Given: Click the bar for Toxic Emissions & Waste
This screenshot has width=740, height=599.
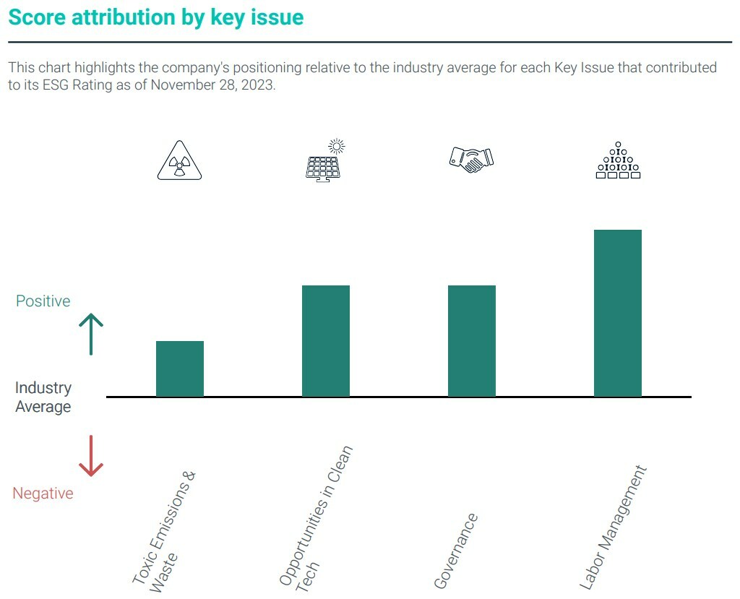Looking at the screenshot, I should [180, 369].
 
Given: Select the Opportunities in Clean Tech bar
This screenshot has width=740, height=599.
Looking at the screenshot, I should [326, 341].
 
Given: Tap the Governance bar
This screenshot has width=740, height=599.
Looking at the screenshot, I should [472, 341].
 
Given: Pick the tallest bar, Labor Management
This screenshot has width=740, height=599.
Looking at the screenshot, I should [618, 313].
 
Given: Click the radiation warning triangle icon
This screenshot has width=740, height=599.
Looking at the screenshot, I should [179, 162].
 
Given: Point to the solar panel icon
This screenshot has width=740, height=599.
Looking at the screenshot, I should [324, 160].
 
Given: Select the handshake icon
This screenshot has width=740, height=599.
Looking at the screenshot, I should [471, 159].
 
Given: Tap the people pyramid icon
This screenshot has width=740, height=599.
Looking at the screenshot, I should [618, 160].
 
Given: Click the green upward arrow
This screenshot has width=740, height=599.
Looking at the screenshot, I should [91, 334].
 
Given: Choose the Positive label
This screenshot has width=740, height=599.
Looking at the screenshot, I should [43, 301].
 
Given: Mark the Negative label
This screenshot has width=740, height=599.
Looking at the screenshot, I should [43, 494].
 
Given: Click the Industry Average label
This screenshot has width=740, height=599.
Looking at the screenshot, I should [43, 397].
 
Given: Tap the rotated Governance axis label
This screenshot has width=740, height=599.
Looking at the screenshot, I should [456, 551].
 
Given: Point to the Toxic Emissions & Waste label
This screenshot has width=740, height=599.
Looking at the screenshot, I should [164, 531].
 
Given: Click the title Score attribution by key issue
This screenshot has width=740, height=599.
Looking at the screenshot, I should [156, 18].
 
